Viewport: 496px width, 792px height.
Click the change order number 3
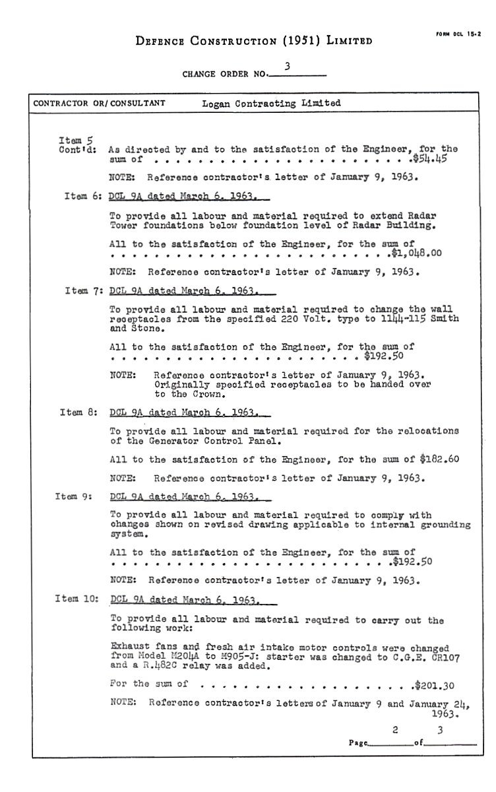[288, 66]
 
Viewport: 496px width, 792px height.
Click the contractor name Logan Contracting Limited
[272, 103]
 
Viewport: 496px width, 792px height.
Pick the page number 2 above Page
[395, 730]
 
